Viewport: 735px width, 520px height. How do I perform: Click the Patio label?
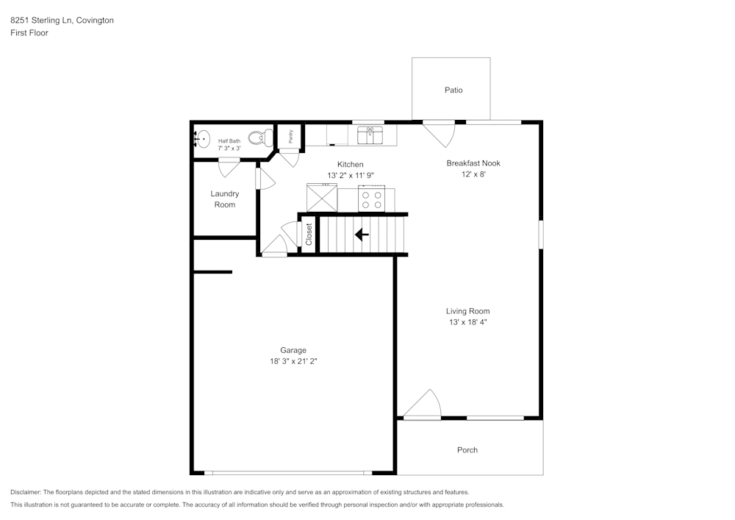click(453, 90)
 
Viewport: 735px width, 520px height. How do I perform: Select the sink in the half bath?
click(201, 138)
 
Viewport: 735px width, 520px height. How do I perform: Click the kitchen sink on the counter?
click(370, 135)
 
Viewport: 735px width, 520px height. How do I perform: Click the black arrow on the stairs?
click(362, 235)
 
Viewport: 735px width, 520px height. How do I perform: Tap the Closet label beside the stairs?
click(309, 234)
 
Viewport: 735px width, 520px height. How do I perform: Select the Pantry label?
click(290, 136)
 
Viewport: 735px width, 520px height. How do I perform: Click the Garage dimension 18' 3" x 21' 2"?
click(293, 361)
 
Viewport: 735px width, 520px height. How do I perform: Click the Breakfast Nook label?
click(473, 163)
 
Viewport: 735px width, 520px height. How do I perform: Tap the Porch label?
click(467, 450)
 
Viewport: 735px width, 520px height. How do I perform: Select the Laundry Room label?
click(225, 199)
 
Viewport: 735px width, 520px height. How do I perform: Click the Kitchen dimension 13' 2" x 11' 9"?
click(350, 175)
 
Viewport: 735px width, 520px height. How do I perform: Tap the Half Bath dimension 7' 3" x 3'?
click(229, 148)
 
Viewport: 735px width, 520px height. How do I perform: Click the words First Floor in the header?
click(29, 33)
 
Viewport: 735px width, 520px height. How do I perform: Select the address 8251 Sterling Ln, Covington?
click(62, 21)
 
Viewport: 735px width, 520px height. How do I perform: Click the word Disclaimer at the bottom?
click(26, 492)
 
